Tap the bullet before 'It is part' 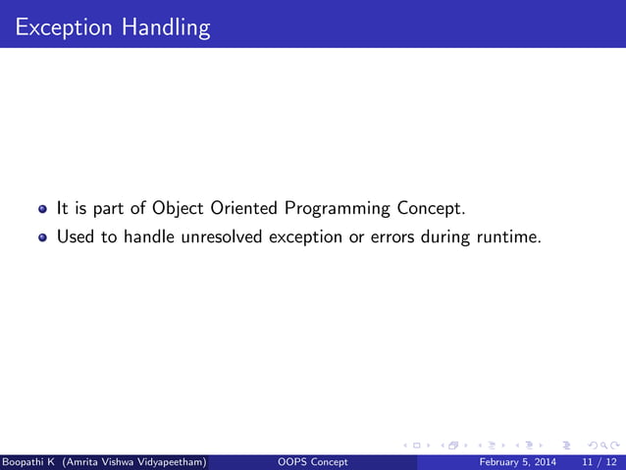[x=43, y=209]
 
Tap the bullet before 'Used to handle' [x=43, y=236]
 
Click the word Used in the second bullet [x=73, y=236]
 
